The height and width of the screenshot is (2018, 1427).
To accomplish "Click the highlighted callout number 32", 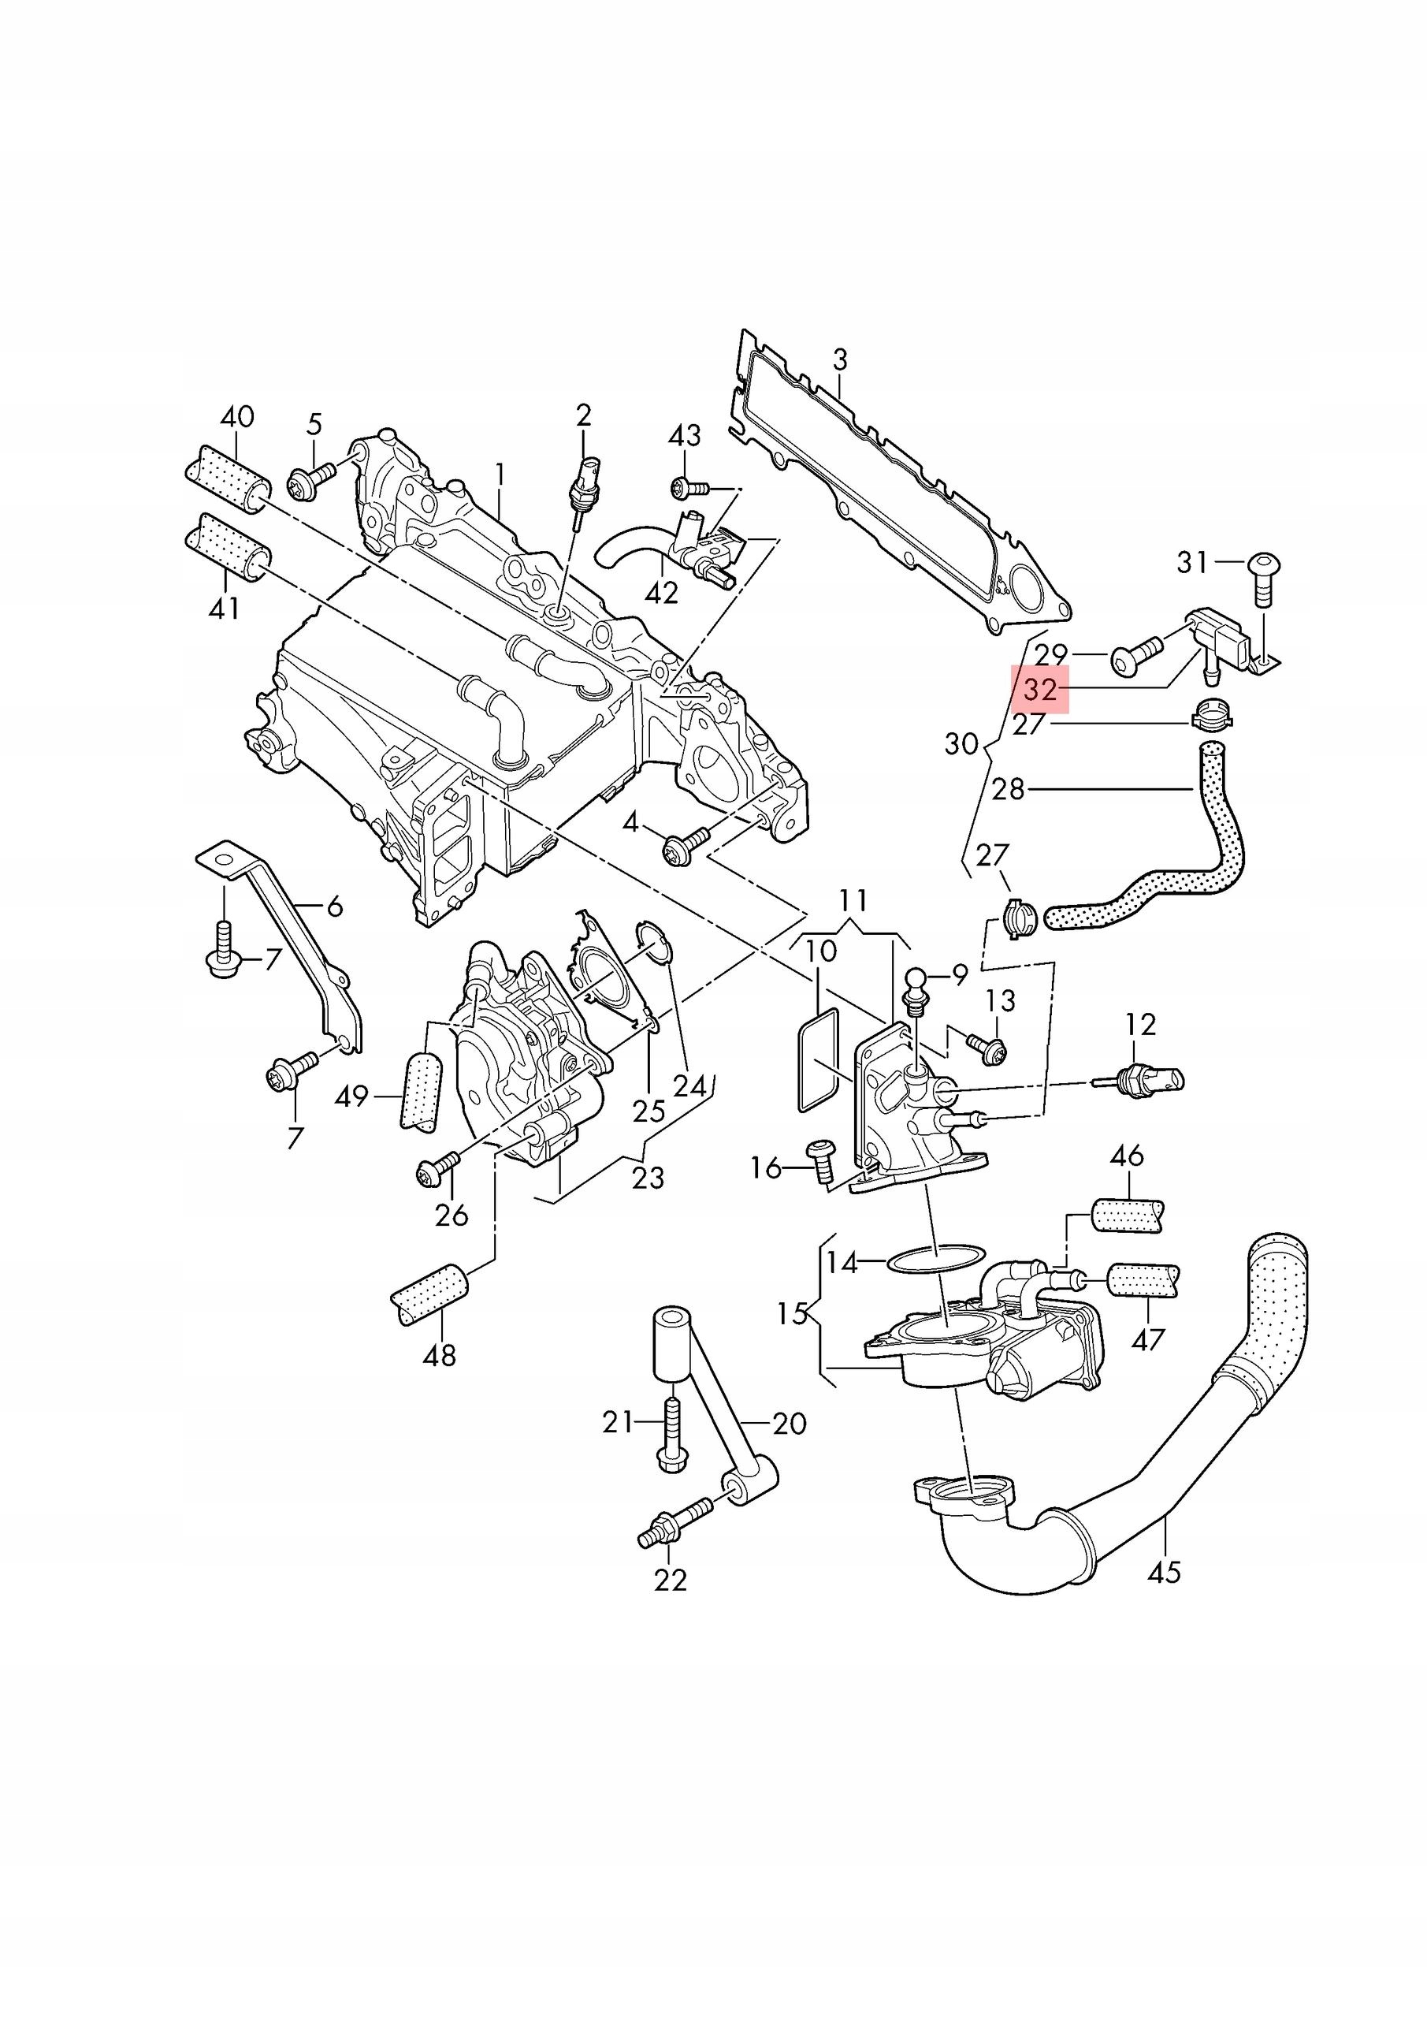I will [x=1039, y=688].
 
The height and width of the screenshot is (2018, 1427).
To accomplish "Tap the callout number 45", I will [x=1165, y=1572].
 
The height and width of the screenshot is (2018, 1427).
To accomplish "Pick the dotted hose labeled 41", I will [x=227, y=549].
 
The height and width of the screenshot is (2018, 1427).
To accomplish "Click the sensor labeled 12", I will [x=1143, y=1080].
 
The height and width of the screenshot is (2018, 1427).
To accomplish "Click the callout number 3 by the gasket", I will [x=840, y=359].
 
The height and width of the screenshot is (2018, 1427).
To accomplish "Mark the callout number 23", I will [x=648, y=1178].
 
